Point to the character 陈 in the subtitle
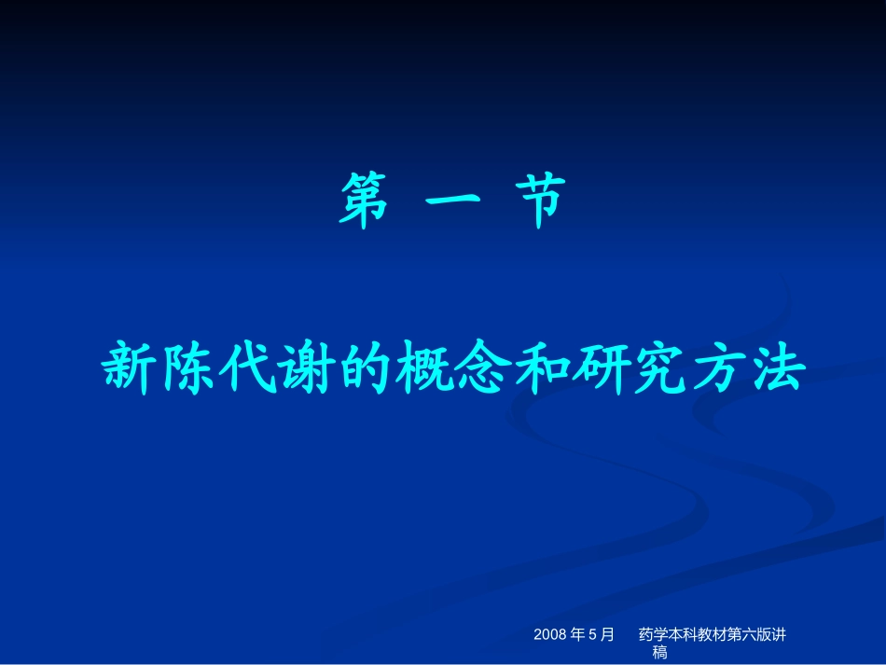[187, 367]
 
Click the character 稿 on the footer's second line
[659, 653]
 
